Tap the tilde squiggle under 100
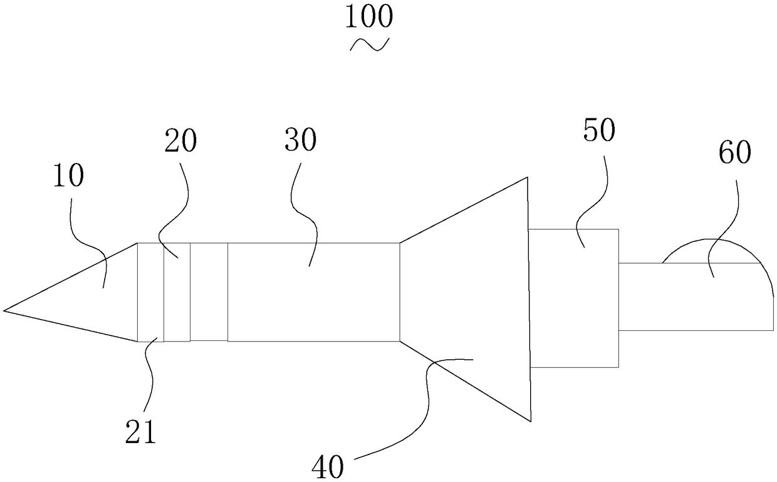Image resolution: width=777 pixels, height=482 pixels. (x=369, y=45)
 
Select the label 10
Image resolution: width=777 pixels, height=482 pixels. (x=68, y=177)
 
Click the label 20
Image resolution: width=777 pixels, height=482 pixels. (x=180, y=142)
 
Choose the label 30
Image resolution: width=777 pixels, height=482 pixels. (x=300, y=142)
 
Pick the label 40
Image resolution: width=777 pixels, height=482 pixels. (x=328, y=467)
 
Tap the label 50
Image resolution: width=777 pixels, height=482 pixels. (x=600, y=130)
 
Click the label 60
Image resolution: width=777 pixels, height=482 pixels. (x=734, y=152)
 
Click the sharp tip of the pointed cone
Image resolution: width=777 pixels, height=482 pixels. (x=5, y=310)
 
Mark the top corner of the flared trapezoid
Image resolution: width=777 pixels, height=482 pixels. (x=527, y=178)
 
